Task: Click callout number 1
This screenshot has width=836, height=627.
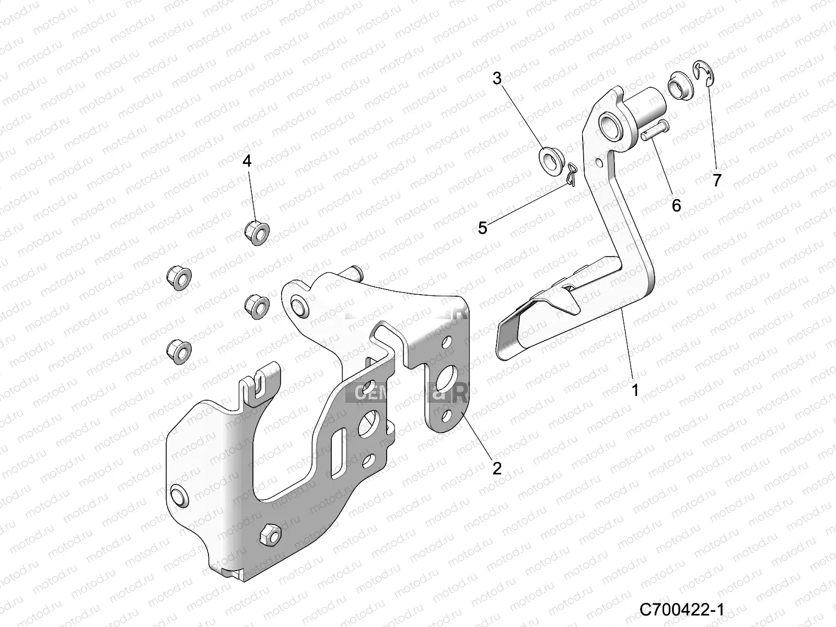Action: tap(635, 390)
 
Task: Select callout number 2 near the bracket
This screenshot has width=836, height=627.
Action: tap(496, 468)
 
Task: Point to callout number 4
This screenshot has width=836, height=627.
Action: tap(247, 160)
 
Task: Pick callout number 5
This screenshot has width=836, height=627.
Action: tap(482, 228)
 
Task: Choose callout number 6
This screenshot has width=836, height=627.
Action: tap(676, 205)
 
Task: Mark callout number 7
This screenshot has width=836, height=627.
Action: tap(717, 180)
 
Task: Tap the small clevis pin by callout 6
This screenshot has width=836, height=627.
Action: tap(654, 130)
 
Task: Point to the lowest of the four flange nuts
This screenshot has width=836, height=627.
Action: tap(178, 349)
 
